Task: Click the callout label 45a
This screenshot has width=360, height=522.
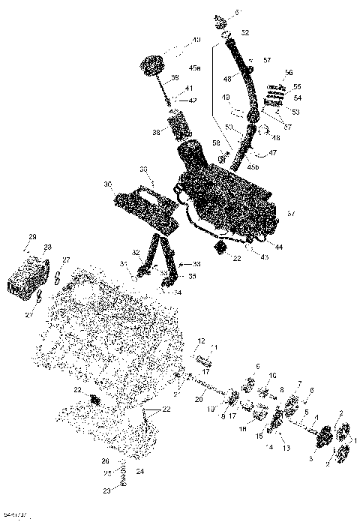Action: coord(195,67)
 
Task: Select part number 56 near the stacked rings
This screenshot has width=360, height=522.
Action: coord(288,73)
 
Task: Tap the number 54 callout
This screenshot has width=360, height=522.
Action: coord(296,98)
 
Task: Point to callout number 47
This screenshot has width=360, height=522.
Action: coord(272,152)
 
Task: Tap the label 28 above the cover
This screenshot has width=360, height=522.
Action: coord(47,247)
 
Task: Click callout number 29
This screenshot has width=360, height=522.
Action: coord(32,237)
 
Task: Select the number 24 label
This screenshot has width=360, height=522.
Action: coord(140,472)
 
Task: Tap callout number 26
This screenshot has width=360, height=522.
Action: coord(106,460)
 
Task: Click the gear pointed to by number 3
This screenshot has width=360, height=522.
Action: coord(326,437)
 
